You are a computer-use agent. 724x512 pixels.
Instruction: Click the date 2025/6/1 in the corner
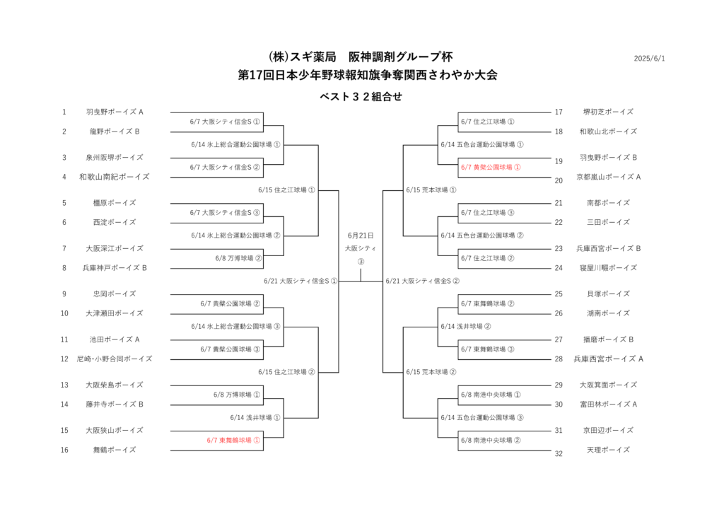[649, 59]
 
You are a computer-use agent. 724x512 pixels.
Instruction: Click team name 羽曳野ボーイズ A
[115, 112]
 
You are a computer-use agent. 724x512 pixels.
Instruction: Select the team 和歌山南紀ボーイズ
[115, 177]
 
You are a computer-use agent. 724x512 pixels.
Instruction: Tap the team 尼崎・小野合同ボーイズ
[115, 359]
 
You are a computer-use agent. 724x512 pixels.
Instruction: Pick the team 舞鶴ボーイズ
[115, 450]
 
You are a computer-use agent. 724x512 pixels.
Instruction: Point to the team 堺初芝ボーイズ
[608, 112]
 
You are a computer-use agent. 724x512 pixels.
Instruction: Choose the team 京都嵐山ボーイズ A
[608, 177]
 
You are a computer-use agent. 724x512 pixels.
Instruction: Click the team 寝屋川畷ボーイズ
[608, 268]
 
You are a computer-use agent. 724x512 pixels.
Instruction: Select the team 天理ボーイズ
[608, 450]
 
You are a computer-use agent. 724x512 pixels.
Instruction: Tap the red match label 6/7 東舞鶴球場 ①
[233, 441]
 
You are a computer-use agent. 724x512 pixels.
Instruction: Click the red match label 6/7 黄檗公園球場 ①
[491, 167]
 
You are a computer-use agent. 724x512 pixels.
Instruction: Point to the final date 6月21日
[361, 235]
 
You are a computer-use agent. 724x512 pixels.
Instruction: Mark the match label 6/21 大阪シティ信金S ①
[300, 281]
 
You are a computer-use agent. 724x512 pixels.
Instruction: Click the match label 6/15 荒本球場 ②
[431, 372]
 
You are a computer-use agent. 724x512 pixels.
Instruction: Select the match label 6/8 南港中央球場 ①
[491, 395]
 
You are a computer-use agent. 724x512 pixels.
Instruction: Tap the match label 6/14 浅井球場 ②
[465, 327]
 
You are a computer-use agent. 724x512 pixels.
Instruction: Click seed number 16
[64, 450]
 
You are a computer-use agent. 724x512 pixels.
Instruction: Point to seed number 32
[559, 454]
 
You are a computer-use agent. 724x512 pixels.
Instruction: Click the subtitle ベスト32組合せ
[361, 96]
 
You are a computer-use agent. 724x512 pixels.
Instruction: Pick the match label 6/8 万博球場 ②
[238, 258]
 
